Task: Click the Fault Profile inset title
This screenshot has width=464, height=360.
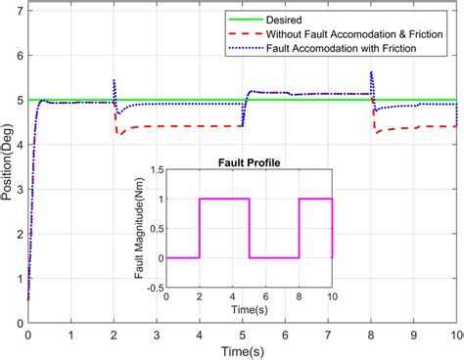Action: (x=250, y=162)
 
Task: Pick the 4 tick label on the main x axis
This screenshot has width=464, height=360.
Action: (x=199, y=335)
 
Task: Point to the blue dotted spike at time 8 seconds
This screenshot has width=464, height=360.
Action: (x=371, y=73)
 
